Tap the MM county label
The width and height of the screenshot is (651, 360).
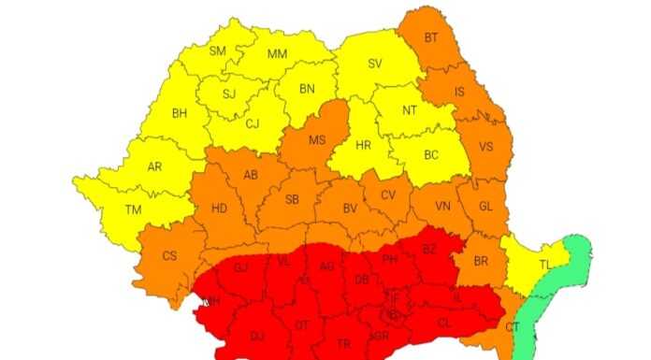click(x=277, y=53)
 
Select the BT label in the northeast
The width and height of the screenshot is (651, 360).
click(x=431, y=38)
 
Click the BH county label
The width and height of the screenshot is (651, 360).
click(x=181, y=114)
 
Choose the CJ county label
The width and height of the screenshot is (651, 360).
click(x=253, y=122)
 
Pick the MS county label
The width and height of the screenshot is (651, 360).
click(x=316, y=140)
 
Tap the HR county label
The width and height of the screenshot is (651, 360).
click(x=363, y=145)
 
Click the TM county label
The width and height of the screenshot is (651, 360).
click(x=133, y=209)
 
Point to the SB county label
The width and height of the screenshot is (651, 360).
click(x=292, y=199)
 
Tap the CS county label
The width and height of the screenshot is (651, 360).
click(x=169, y=255)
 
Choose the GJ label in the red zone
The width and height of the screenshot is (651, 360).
click(x=240, y=267)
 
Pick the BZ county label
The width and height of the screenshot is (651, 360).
click(x=429, y=249)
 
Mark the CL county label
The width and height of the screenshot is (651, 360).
click(x=443, y=322)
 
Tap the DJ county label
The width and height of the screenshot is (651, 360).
click(x=257, y=337)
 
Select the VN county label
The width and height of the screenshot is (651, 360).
click(x=443, y=207)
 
